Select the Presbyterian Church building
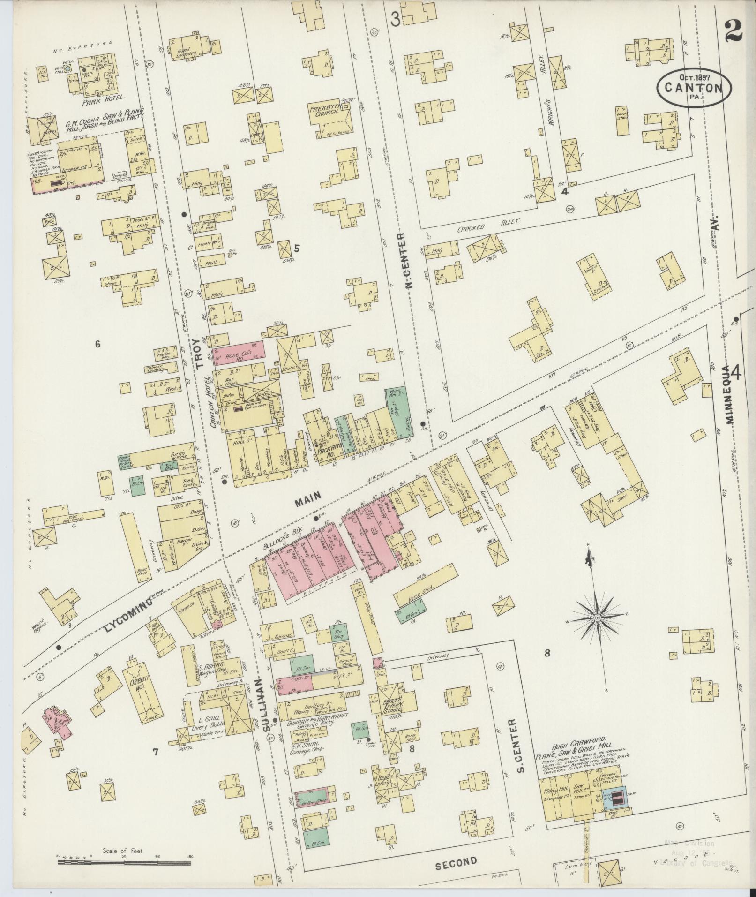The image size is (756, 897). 328,120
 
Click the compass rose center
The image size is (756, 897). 598,618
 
